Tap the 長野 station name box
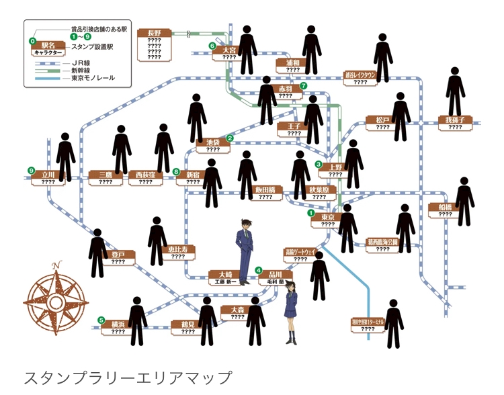[x=154, y=33]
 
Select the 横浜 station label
[x=118, y=323]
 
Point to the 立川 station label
[x=48, y=173]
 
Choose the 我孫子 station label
[x=455, y=120]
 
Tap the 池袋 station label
[x=213, y=142]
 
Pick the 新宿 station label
[x=193, y=173]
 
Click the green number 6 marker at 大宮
[x=212, y=46]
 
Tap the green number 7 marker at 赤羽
[x=304, y=86]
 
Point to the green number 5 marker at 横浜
[x=101, y=320]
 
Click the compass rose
[x=56, y=296]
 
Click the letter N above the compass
[x=57, y=263]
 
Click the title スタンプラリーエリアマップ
[x=127, y=377]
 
